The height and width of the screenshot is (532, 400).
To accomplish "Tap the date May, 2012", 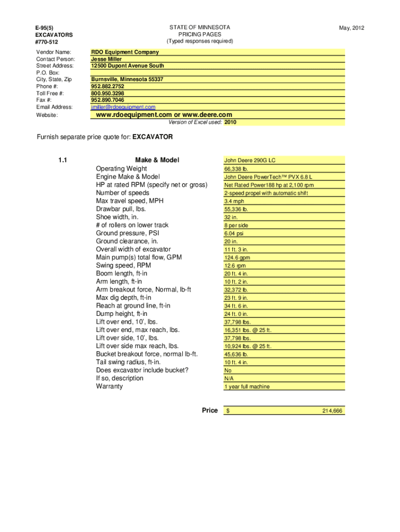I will [351, 28].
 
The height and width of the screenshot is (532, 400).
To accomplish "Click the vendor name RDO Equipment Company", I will [125, 52].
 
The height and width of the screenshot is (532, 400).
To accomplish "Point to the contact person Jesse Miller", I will [106, 59].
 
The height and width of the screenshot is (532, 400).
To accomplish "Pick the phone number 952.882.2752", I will [108, 86].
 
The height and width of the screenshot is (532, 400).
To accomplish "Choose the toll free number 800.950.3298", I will [108, 93].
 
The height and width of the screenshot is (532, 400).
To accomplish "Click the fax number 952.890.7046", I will [108, 100].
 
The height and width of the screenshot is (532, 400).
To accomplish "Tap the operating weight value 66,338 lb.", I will [236, 169].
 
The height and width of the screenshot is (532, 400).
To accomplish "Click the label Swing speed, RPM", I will [124, 265].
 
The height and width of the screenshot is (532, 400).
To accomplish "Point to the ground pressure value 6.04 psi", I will [234, 233].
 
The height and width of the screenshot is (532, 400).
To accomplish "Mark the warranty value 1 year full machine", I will [247, 387].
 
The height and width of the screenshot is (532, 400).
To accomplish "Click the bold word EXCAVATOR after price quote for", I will [153, 138].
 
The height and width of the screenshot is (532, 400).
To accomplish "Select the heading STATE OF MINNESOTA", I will [199, 27].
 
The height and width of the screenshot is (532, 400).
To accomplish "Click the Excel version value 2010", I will [230, 123].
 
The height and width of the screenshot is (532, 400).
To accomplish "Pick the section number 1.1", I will [63, 160].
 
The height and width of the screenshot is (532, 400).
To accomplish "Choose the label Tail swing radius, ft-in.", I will [128, 362].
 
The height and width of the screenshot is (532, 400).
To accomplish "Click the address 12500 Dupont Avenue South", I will [127, 66].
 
